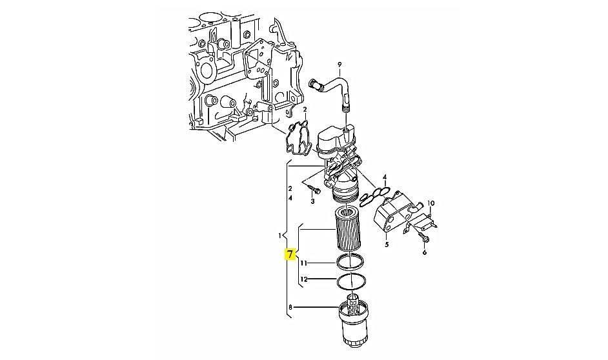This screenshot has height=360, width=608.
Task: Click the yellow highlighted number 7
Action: [290, 255]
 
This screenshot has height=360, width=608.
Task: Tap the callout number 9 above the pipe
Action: [339, 64]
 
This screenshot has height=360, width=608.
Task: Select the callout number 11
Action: [304, 263]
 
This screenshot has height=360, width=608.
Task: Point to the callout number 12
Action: [304, 279]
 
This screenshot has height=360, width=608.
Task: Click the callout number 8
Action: [290, 308]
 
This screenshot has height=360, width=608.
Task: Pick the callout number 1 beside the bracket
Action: [279, 235]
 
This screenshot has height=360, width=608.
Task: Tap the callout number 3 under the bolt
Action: [312, 201]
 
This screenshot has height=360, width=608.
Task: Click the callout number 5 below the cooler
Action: [387, 245]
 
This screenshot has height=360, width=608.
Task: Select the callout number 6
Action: [424, 252]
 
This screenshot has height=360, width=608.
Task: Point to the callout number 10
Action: [431, 203]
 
